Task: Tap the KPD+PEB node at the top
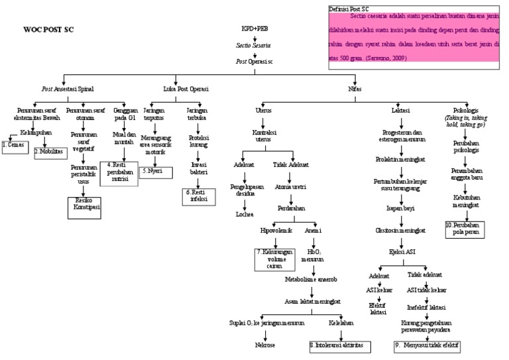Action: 254,29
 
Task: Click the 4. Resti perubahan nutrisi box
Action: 119,173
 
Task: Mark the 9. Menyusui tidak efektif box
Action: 425,345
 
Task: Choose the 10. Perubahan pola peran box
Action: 464,229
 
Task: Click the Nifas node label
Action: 354,88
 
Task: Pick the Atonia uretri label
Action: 289,188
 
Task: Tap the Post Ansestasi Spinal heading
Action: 68,88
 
